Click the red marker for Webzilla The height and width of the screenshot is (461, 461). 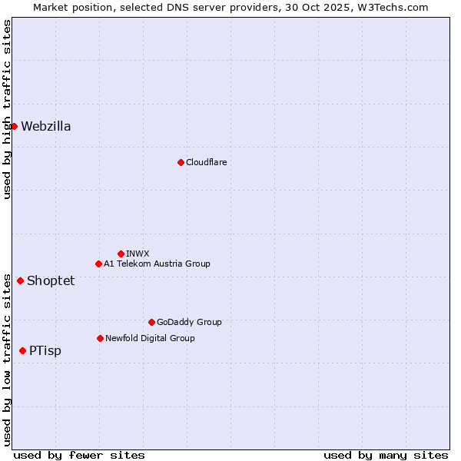[14, 126]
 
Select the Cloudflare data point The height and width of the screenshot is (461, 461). [181, 162]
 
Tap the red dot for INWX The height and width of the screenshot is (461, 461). [121, 254]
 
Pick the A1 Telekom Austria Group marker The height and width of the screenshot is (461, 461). [98, 264]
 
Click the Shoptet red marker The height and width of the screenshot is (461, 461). [20, 280]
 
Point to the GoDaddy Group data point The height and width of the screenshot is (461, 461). [151, 322]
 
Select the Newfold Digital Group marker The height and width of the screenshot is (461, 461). [100, 338]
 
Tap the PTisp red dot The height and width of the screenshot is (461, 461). [22, 350]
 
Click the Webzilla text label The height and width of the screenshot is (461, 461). [46, 126]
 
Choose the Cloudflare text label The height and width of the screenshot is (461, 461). [206, 162]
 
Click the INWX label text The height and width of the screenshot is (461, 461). [138, 254]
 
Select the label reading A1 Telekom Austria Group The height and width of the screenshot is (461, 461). [157, 264]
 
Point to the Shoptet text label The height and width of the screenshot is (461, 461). [51, 280]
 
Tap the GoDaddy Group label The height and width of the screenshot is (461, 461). [189, 322]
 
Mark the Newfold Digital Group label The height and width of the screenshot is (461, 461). [150, 338]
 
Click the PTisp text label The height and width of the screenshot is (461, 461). [45, 350]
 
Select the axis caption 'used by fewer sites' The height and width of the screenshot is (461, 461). [79, 455]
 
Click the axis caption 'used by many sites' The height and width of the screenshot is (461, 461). [386, 455]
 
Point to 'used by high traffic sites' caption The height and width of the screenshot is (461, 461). [7, 109]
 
